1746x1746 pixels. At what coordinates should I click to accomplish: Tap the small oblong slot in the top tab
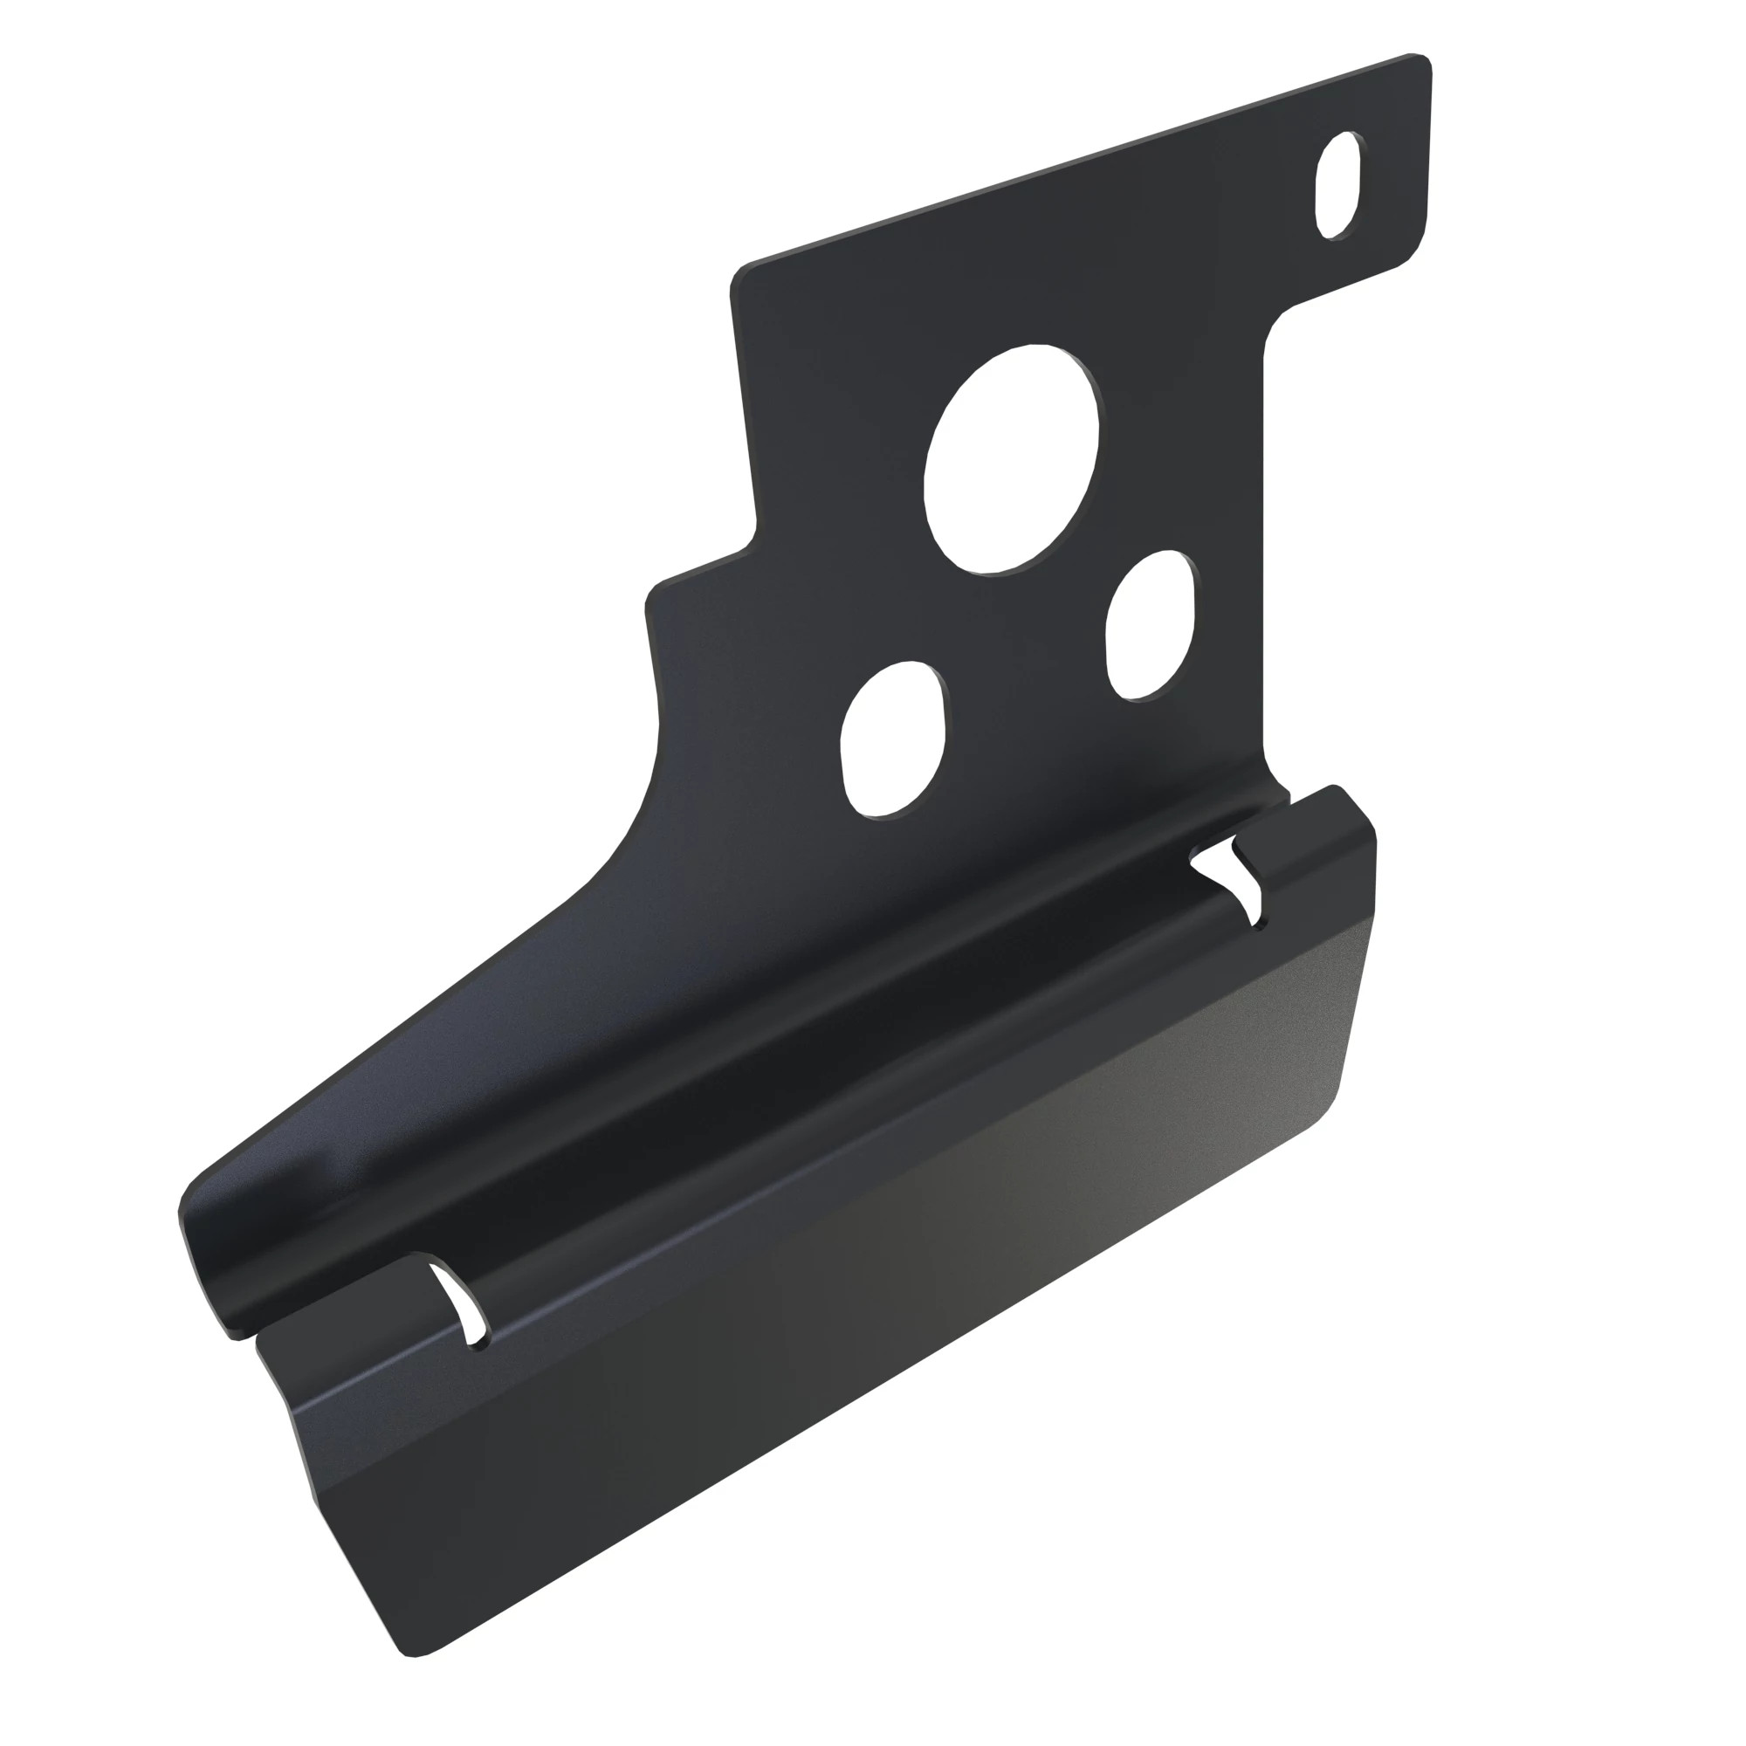pyautogui.click(x=1338, y=185)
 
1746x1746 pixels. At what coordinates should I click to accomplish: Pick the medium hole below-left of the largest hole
pyautogui.click(x=893, y=739)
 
